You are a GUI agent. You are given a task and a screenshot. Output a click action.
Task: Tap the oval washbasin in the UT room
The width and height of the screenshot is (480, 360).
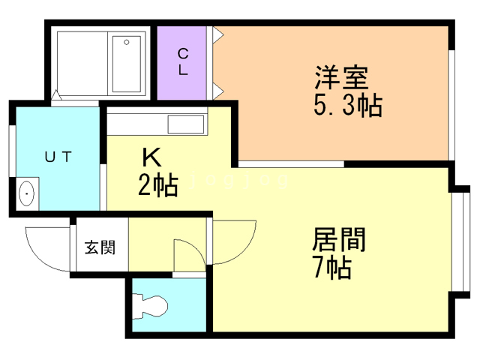(x=27, y=193)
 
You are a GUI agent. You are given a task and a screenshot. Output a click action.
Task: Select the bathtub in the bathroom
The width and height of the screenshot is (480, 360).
(x=127, y=64)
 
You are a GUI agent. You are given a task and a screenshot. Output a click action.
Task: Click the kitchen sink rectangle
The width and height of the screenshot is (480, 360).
(x=186, y=124)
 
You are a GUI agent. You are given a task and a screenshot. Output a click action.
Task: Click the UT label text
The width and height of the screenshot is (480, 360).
(x=58, y=157)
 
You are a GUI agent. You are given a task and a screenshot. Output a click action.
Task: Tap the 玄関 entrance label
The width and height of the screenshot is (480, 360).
(x=100, y=247)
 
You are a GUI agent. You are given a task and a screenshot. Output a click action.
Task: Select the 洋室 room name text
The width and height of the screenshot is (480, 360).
(x=342, y=77)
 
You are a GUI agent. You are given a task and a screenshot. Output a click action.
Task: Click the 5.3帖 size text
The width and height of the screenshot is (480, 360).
(x=348, y=105)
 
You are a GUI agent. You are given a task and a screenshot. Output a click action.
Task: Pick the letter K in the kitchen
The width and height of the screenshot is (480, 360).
(x=151, y=157)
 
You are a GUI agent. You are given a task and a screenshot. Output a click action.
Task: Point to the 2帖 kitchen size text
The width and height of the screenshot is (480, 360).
(x=158, y=184)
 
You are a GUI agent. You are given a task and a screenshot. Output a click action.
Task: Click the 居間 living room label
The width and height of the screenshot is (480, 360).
(x=339, y=239)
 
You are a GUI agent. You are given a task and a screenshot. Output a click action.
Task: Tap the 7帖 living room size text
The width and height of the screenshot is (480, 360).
(x=332, y=267)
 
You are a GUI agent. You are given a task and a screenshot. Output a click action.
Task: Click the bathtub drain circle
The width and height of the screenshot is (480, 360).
(x=127, y=42)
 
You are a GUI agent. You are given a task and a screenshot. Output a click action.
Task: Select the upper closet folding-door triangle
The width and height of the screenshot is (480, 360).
(x=218, y=34)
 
